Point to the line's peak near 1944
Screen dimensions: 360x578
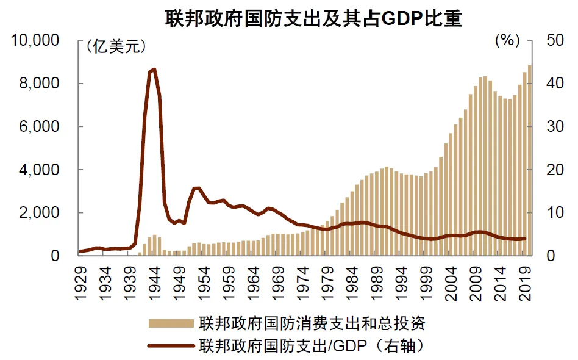click(154, 70)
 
